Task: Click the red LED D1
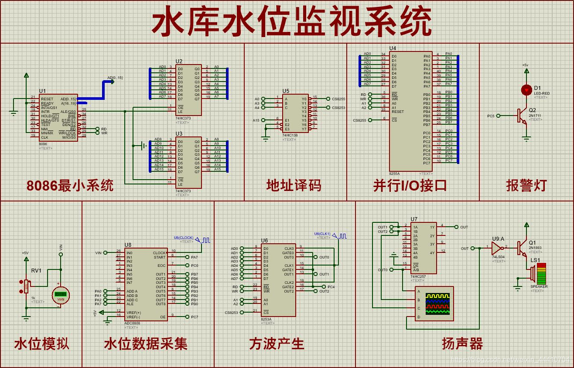(x=526, y=90)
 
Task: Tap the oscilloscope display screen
(x=437, y=304)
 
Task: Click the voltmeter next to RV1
(x=61, y=294)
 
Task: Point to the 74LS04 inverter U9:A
(x=496, y=249)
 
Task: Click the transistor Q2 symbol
(x=522, y=116)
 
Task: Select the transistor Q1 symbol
(x=522, y=248)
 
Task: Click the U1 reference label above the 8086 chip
(x=42, y=91)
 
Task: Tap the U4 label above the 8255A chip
(x=393, y=48)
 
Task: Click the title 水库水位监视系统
(x=291, y=23)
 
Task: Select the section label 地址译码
(x=294, y=185)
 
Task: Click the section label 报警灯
(x=526, y=185)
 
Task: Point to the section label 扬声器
(x=462, y=344)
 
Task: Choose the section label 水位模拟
(x=41, y=344)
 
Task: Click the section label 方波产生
(x=277, y=344)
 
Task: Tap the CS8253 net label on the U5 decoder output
(x=338, y=108)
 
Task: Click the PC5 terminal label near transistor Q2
(x=491, y=116)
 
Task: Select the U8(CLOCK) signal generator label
(x=183, y=238)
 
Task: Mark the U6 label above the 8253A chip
(x=264, y=241)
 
